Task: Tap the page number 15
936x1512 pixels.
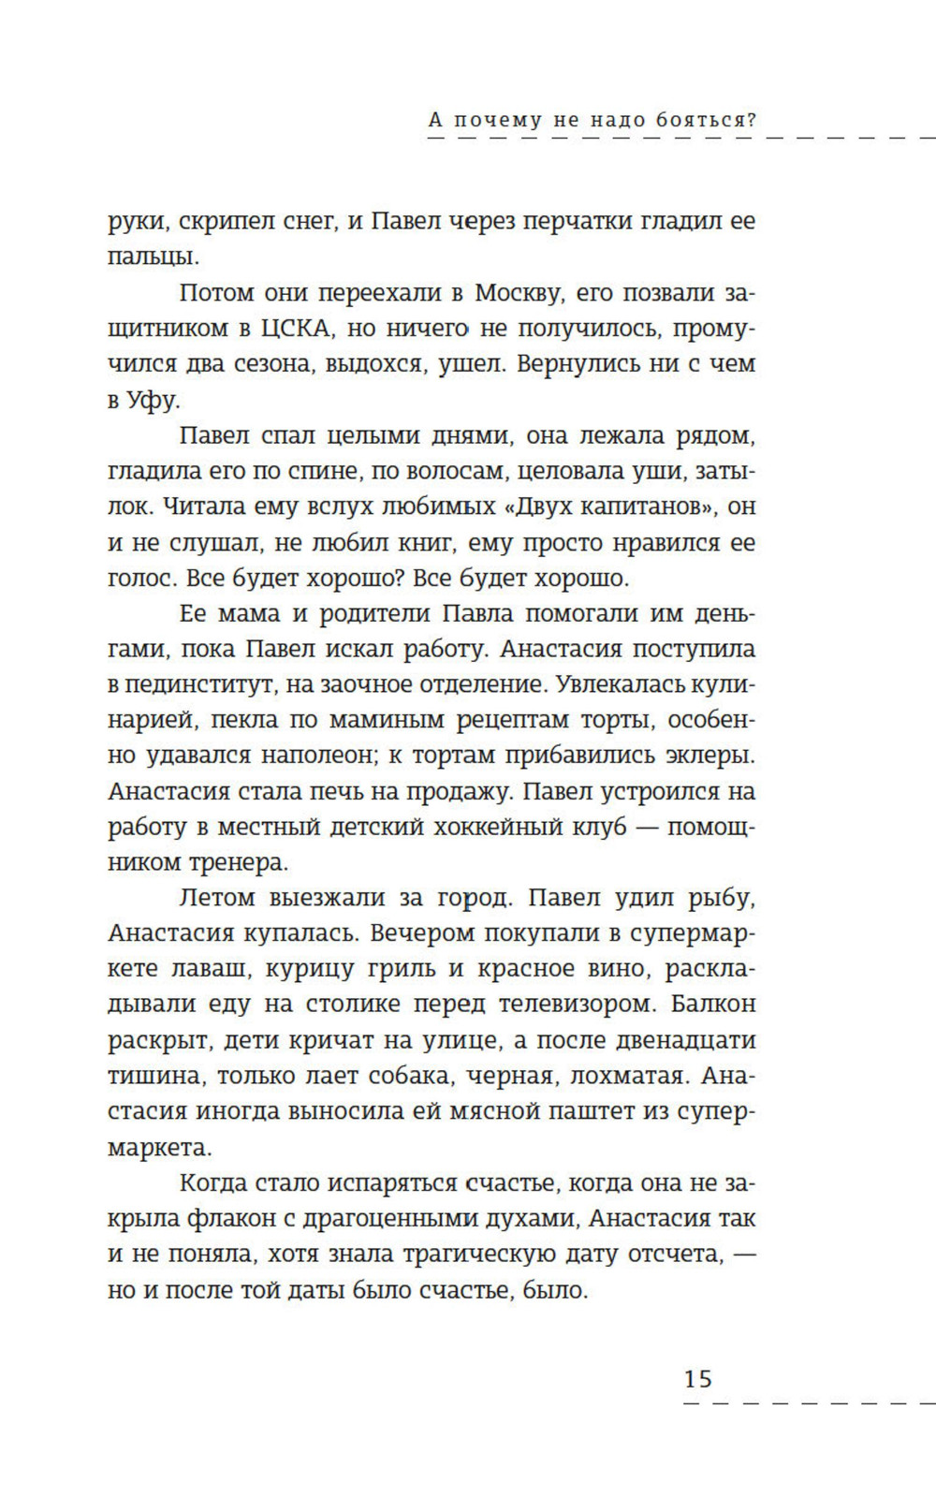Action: point(698,1379)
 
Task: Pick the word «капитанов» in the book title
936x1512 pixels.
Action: point(639,507)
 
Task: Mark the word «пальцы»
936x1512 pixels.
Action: point(153,257)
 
